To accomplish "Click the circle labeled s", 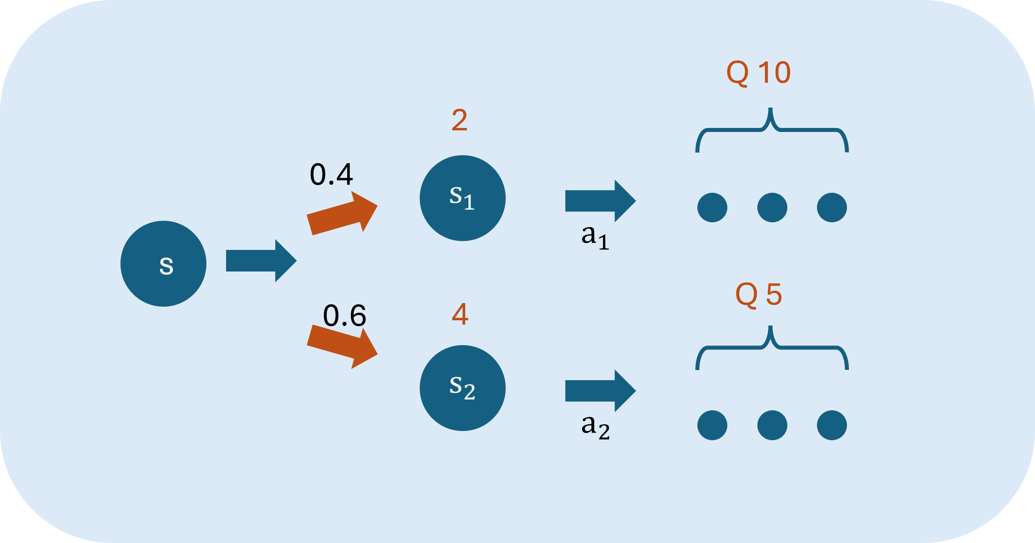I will (163, 264).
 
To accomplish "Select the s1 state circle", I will (462, 198).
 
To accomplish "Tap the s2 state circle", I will (462, 388).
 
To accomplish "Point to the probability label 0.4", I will (331, 175).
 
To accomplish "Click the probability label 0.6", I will (344, 315).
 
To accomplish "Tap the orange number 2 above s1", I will (459, 120).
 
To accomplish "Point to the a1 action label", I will (595, 237).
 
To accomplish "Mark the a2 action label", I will (595, 427).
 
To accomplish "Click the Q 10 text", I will (758, 73).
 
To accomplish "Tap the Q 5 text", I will (758, 295).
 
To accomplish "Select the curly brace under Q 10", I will (772, 130).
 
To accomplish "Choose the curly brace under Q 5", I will (772, 348).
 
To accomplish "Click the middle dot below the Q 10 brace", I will (772, 207).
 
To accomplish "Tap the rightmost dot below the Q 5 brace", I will (832, 425).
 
